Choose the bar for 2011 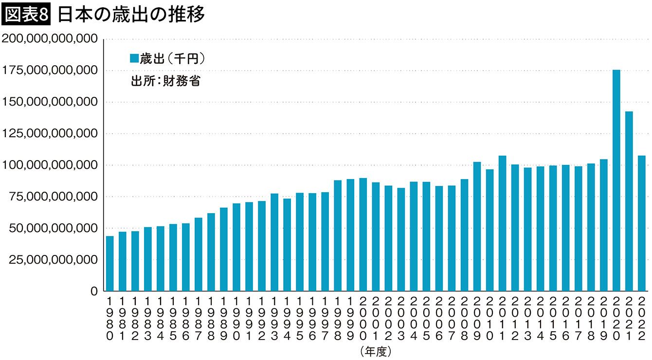(x=503, y=224)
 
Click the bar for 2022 (x=642, y=224)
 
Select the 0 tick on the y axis (x=94, y=291)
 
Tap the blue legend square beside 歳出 (x=134, y=59)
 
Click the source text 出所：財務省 (x=166, y=81)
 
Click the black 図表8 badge (x=27, y=16)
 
